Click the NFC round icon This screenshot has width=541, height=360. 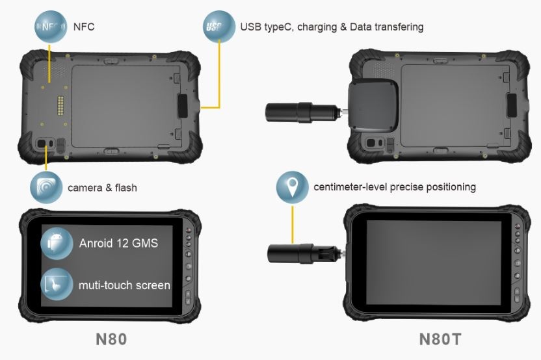[51, 27]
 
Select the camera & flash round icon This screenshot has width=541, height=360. [46, 188]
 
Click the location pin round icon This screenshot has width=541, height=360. [292, 187]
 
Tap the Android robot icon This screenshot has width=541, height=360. [57, 243]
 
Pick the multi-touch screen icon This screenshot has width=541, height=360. [57, 284]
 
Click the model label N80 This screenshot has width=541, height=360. [111, 339]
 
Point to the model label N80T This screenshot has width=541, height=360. [441, 339]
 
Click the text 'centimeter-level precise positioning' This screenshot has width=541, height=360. [395, 187]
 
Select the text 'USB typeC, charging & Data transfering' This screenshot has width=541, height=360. [332, 27]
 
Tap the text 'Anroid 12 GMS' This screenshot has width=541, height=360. [118, 244]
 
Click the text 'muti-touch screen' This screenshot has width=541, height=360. [124, 285]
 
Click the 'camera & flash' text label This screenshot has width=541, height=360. [102, 188]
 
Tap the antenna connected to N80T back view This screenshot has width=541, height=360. [302, 110]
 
